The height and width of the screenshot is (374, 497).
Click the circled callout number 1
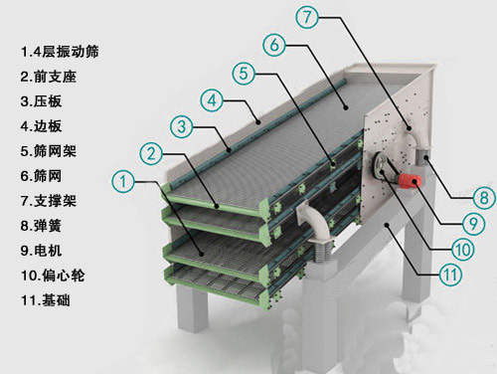pyautogui.click(x=123, y=181)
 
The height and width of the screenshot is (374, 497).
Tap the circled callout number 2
pyautogui.click(x=151, y=154)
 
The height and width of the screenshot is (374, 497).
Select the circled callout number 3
pyautogui.click(x=182, y=126)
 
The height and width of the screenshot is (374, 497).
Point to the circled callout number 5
pyautogui.click(x=244, y=73)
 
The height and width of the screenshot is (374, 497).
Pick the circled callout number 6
pyautogui.click(x=274, y=45)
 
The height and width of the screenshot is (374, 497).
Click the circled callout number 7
pyautogui.click(x=307, y=17)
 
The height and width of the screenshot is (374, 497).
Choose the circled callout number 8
pyautogui.click(x=484, y=198)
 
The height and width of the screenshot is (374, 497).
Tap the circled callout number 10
pyautogui.click(x=463, y=249)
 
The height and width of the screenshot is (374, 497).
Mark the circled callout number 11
pyautogui.click(x=450, y=275)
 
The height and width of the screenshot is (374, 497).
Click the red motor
pyautogui.click(x=411, y=181)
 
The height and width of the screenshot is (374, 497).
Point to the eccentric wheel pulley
pyautogui.click(x=381, y=165)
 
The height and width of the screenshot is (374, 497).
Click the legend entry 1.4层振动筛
pyautogui.click(x=60, y=52)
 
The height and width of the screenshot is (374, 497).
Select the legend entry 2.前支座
pyautogui.click(x=49, y=77)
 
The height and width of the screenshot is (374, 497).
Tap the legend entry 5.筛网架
pyautogui.click(x=49, y=151)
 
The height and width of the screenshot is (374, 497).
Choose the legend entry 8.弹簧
pyautogui.click(x=41, y=226)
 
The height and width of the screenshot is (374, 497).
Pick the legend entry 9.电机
pyautogui.click(x=41, y=251)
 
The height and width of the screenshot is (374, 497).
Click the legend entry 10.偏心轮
pyautogui.click(x=53, y=276)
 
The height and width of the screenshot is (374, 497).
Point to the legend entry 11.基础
pyautogui.click(x=46, y=300)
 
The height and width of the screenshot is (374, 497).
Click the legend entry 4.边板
pyautogui.click(x=41, y=126)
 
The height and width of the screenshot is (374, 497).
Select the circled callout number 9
pyautogui.click(x=474, y=224)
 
